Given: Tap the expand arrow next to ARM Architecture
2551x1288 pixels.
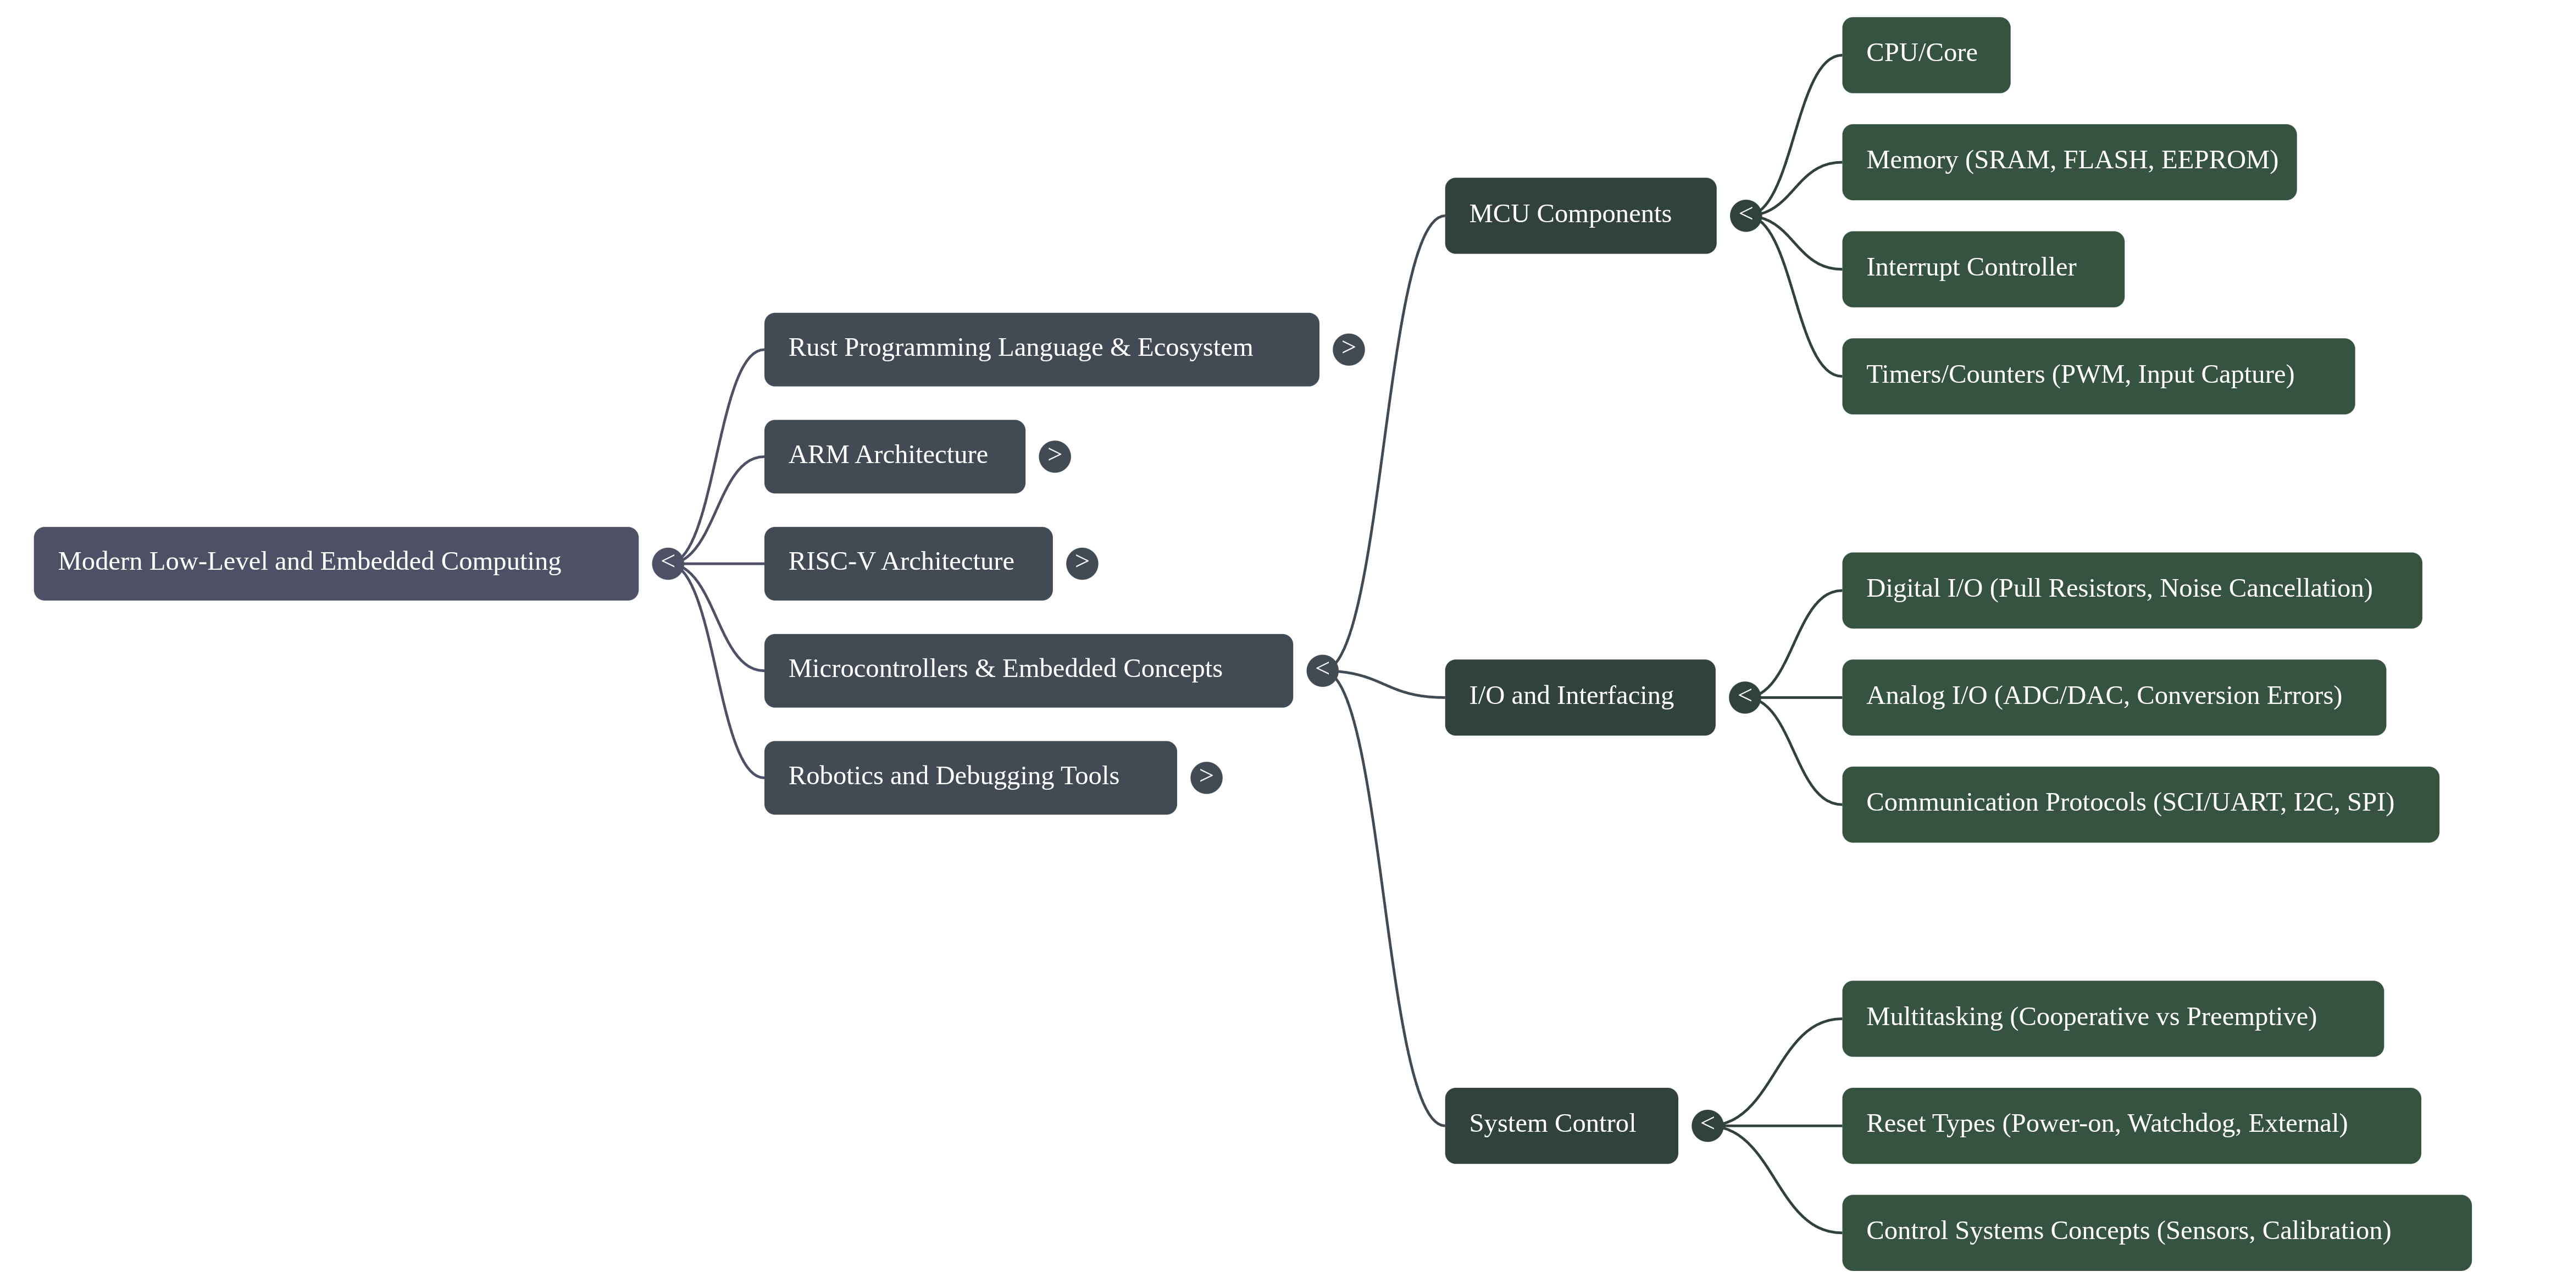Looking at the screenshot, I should coord(1053,456).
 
